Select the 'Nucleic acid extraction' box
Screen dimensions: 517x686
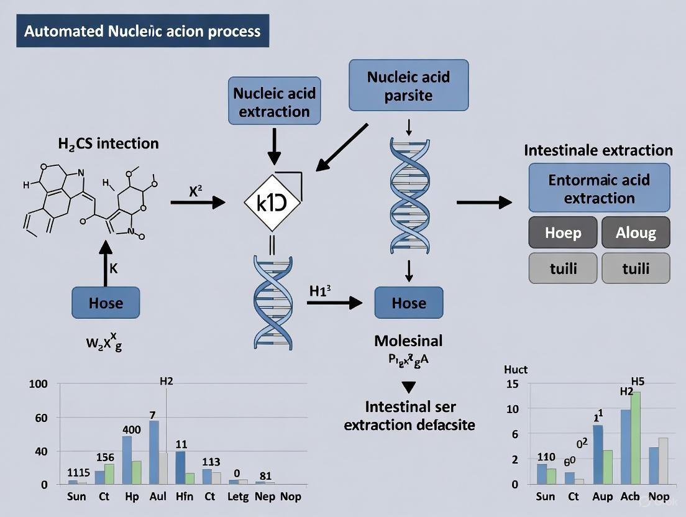[x=275, y=102]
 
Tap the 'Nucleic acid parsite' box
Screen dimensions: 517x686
[x=408, y=86]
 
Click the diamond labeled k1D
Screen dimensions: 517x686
[x=272, y=203]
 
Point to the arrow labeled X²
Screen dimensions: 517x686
[x=198, y=201]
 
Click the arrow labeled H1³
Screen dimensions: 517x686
[x=334, y=303]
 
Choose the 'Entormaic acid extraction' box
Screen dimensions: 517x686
[x=599, y=189]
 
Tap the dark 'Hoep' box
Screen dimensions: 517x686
[x=563, y=233]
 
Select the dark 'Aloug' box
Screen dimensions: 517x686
[x=636, y=233]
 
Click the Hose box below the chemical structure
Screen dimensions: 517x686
[x=106, y=303]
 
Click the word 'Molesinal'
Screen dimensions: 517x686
[x=408, y=341]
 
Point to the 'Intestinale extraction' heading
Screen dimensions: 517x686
[x=598, y=150]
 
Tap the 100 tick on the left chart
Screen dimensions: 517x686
[x=39, y=384]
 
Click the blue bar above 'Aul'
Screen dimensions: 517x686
[x=153, y=452]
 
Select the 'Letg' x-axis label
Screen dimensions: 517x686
[x=238, y=496]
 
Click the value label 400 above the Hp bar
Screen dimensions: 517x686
[x=131, y=429]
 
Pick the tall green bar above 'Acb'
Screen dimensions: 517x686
[x=636, y=437]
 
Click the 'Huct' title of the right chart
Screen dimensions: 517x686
[x=516, y=370]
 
